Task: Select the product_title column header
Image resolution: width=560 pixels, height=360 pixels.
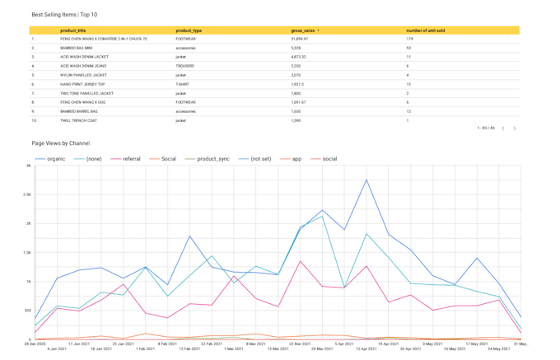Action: [x=73, y=30]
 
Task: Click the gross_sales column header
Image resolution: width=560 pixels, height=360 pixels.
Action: [x=304, y=30]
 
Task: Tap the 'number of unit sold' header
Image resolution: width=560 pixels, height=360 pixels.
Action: [x=426, y=30]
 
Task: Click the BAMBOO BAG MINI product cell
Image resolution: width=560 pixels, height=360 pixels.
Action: [x=77, y=48]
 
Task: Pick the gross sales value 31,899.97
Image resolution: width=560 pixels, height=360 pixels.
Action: [x=300, y=39]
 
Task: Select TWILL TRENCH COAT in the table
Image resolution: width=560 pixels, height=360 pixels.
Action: [x=79, y=120]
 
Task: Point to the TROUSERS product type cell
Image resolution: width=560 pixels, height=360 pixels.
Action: [x=185, y=66]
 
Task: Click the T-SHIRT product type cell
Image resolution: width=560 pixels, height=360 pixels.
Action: [x=183, y=84]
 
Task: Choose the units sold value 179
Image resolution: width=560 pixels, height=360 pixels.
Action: [x=409, y=39]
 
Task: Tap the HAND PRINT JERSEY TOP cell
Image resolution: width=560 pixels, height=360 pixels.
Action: [x=82, y=84]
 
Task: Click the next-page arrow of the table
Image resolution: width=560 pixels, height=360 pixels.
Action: [x=515, y=129]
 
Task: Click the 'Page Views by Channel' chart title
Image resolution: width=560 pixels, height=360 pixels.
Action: [x=60, y=143]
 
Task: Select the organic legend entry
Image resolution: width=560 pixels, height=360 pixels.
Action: [x=56, y=158]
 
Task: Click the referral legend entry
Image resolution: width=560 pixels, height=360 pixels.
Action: [x=131, y=158]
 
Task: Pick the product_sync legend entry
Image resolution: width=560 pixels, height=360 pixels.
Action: [x=212, y=158]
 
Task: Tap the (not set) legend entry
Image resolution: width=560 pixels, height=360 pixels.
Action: [x=260, y=158]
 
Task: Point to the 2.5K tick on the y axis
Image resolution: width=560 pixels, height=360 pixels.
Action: [x=26, y=194]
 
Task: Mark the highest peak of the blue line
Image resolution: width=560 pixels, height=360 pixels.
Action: [x=366, y=180]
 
